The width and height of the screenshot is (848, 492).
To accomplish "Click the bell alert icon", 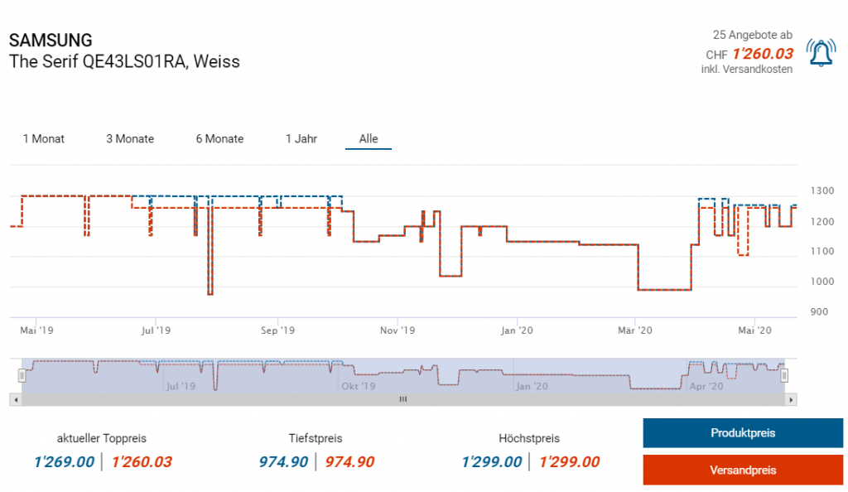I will point(821,54).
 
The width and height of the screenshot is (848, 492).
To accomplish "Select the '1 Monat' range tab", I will point(44,139).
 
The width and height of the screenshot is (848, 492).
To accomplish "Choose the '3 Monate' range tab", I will point(130,139).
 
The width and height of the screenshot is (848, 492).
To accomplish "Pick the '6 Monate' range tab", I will point(219,139).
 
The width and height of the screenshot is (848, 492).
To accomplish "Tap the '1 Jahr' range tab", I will point(301,139).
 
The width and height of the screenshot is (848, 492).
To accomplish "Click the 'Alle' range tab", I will point(369,139).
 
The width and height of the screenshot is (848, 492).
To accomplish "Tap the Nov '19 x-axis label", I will point(397,330).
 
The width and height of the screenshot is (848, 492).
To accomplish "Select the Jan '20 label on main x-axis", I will point(518,330).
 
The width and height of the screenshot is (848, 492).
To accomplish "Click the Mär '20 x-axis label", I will point(635,330).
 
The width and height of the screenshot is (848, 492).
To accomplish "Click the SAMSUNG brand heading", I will point(51,41).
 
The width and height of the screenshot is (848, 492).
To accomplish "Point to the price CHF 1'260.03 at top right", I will point(762,54).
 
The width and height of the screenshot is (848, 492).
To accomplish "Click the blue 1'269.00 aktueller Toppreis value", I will point(64,462).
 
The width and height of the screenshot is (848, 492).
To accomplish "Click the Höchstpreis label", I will point(529,438).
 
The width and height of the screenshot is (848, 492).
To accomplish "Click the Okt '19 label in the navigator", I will point(358,386).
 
